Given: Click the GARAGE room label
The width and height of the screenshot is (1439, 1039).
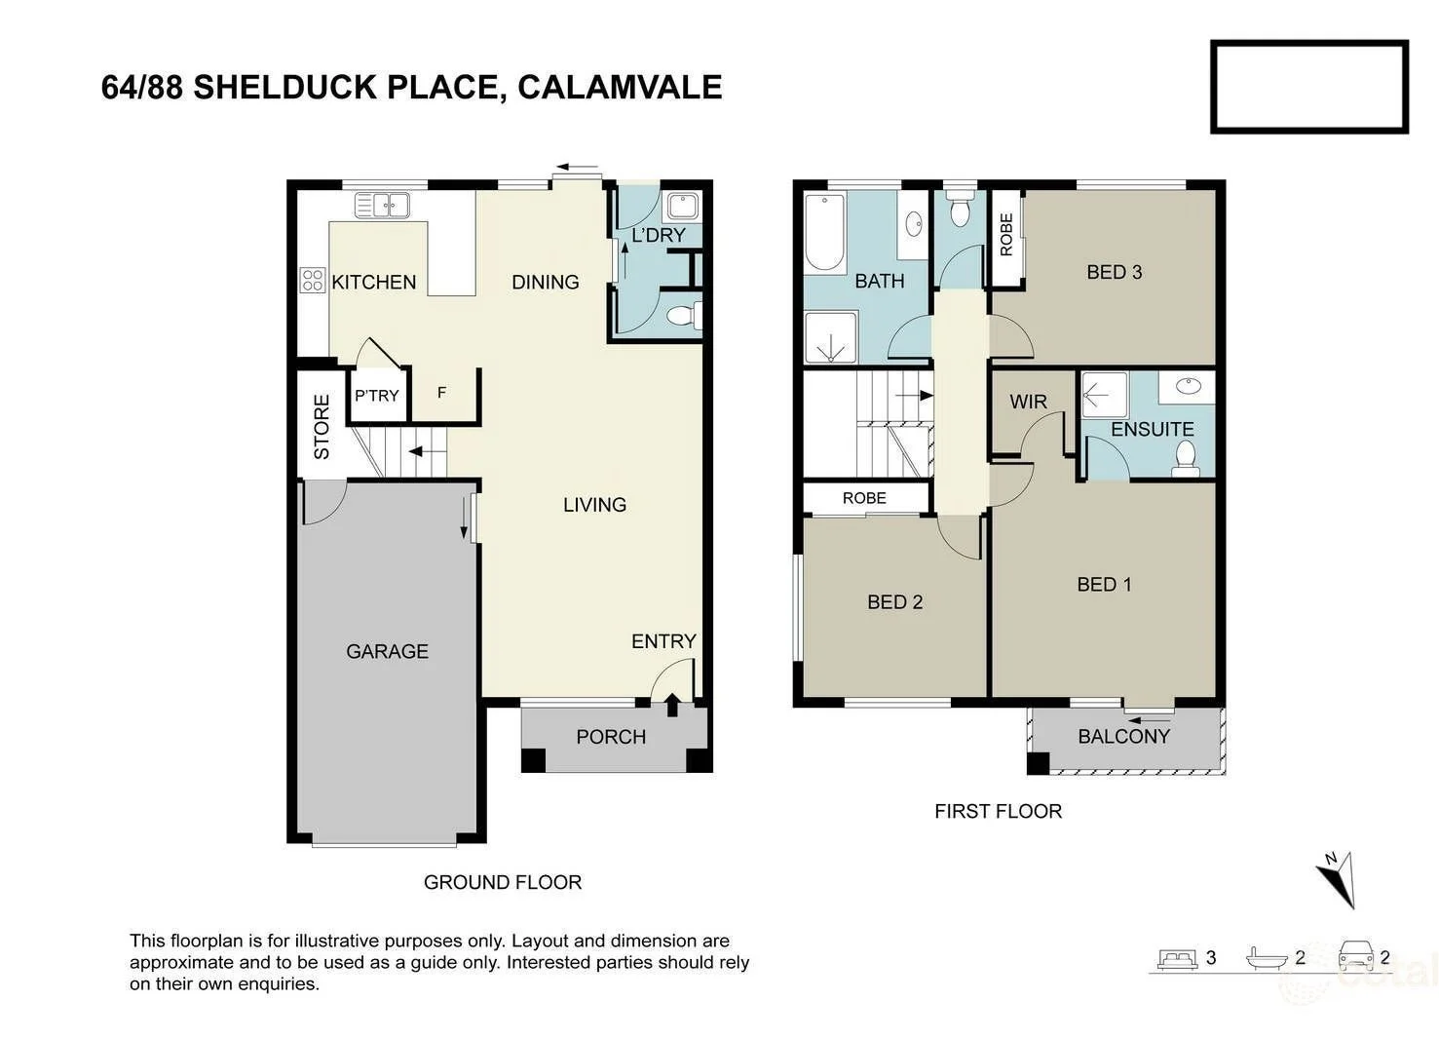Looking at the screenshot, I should coord(387,651).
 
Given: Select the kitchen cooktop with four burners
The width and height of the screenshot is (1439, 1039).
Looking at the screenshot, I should coord(312,281).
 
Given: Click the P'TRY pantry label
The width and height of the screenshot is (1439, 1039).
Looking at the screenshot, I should coord(376,396).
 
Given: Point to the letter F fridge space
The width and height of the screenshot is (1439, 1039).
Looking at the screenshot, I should coord(441,393).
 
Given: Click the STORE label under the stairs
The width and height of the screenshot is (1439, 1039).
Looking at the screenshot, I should coord(322,427).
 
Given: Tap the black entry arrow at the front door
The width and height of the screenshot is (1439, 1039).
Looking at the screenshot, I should coord(672,704).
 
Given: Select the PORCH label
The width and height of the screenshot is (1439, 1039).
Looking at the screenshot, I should coord(611,737).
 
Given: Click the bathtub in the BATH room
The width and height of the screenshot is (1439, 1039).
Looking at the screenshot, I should coord(824,233).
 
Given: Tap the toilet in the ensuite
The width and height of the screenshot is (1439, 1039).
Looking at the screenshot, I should coord(1186,457).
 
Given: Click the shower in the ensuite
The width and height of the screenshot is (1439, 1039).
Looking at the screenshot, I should coord(1104,395).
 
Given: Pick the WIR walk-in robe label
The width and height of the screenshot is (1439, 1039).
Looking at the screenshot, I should coord(1028,402).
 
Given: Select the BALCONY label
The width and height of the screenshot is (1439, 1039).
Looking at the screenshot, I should coord(1123,737).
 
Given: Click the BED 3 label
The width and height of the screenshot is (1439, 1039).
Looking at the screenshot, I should coord(1114,272).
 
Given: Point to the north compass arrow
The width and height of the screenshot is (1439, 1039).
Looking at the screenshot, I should coord(1337,878).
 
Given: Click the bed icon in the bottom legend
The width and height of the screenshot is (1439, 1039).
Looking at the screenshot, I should coord(1177,957).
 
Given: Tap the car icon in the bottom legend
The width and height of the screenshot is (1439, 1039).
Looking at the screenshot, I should coord(1355,955).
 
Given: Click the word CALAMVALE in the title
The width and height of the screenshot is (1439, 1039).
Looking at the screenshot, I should coord(620,87).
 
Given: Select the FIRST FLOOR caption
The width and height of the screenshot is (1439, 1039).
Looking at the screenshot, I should coord(998,811).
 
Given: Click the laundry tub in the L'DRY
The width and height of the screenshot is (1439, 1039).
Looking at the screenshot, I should coord(680,207).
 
